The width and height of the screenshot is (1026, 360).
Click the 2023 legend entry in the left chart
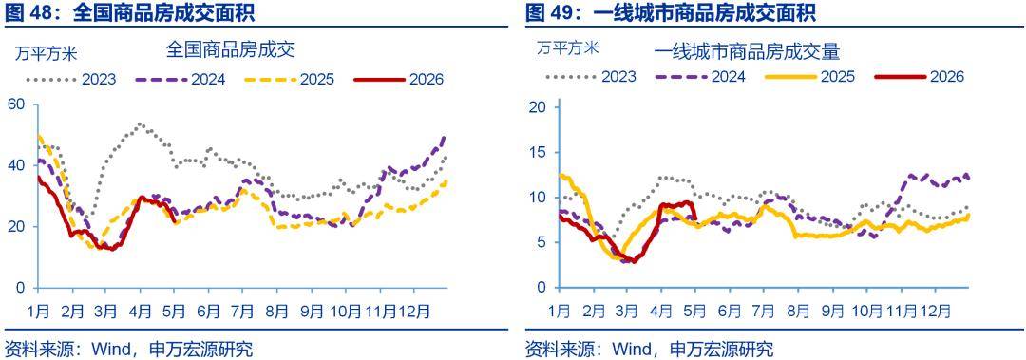(x=71, y=80)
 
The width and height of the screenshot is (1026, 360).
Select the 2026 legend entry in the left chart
(x=398, y=80)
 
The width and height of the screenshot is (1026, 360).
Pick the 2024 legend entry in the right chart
(x=700, y=77)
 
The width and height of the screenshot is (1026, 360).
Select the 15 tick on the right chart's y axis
(x=535, y=152)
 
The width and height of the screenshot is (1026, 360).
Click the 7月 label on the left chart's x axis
(x=243, y=312)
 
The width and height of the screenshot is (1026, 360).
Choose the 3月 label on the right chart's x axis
(x=626, y=312)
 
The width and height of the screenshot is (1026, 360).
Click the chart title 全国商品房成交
(x=231, y=49)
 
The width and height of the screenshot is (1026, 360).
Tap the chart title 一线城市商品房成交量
(x=747, y=50)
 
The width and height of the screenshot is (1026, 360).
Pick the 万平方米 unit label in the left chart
(x=46, y=55)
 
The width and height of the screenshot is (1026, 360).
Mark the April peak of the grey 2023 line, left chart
(x=140, y=123)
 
